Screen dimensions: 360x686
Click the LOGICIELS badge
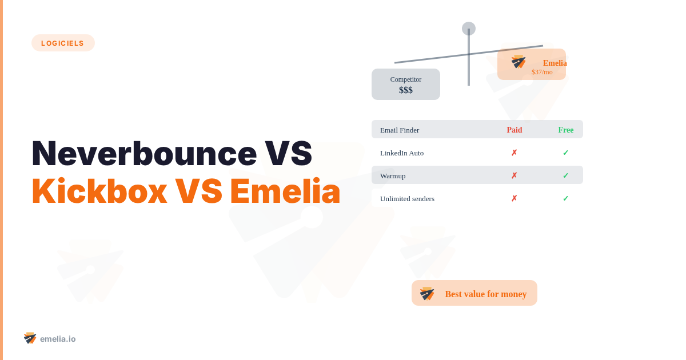tap(63, 43)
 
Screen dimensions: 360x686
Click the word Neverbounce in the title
tap(144, 153)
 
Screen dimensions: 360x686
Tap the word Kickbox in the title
tap(99, 191)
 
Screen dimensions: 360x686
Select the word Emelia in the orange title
tap(285, 191)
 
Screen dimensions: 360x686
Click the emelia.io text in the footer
tap(58, 339)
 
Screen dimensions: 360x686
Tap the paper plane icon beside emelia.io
tap(30, 338)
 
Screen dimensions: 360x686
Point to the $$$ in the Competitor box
tap(406, 90)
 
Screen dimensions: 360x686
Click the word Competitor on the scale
tap(406, 79)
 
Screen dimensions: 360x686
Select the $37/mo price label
tap(542, 72)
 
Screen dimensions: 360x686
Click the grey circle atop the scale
tap(469, 29)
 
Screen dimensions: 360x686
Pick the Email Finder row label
tap(400, 130)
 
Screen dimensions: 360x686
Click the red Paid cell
tap(514, 130)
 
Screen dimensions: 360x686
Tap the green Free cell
tap(566, 130)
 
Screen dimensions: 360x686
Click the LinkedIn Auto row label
tap(402, 153)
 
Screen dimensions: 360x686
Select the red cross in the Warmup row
tap(514, 175)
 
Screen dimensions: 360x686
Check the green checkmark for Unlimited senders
tap(566, 198)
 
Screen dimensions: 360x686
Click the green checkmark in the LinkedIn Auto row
tap(566, 153)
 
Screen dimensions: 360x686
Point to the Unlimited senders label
tap(407, 198)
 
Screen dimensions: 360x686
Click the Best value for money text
tap(486, 294)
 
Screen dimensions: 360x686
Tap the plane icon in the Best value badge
tap(427, 294)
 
